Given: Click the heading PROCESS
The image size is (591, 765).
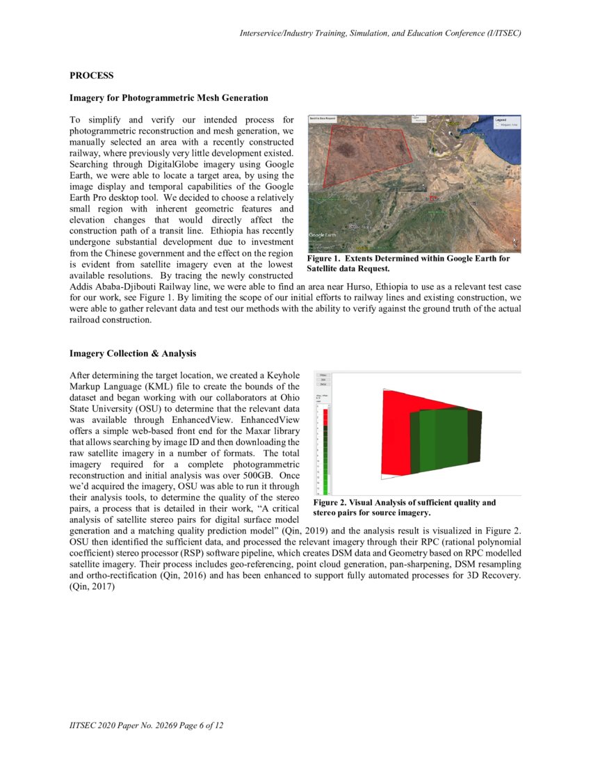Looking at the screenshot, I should tap(91, 75).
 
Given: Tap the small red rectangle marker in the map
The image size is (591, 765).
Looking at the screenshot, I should tap(435, 198).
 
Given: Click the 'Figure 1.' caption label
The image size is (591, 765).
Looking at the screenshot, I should tap(326, 259).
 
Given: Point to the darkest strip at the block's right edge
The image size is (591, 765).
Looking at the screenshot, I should tap(474, 436).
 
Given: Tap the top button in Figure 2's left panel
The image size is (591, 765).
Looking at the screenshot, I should tap(323, 374).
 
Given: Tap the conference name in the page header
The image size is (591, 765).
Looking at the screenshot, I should tap(380, 33).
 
